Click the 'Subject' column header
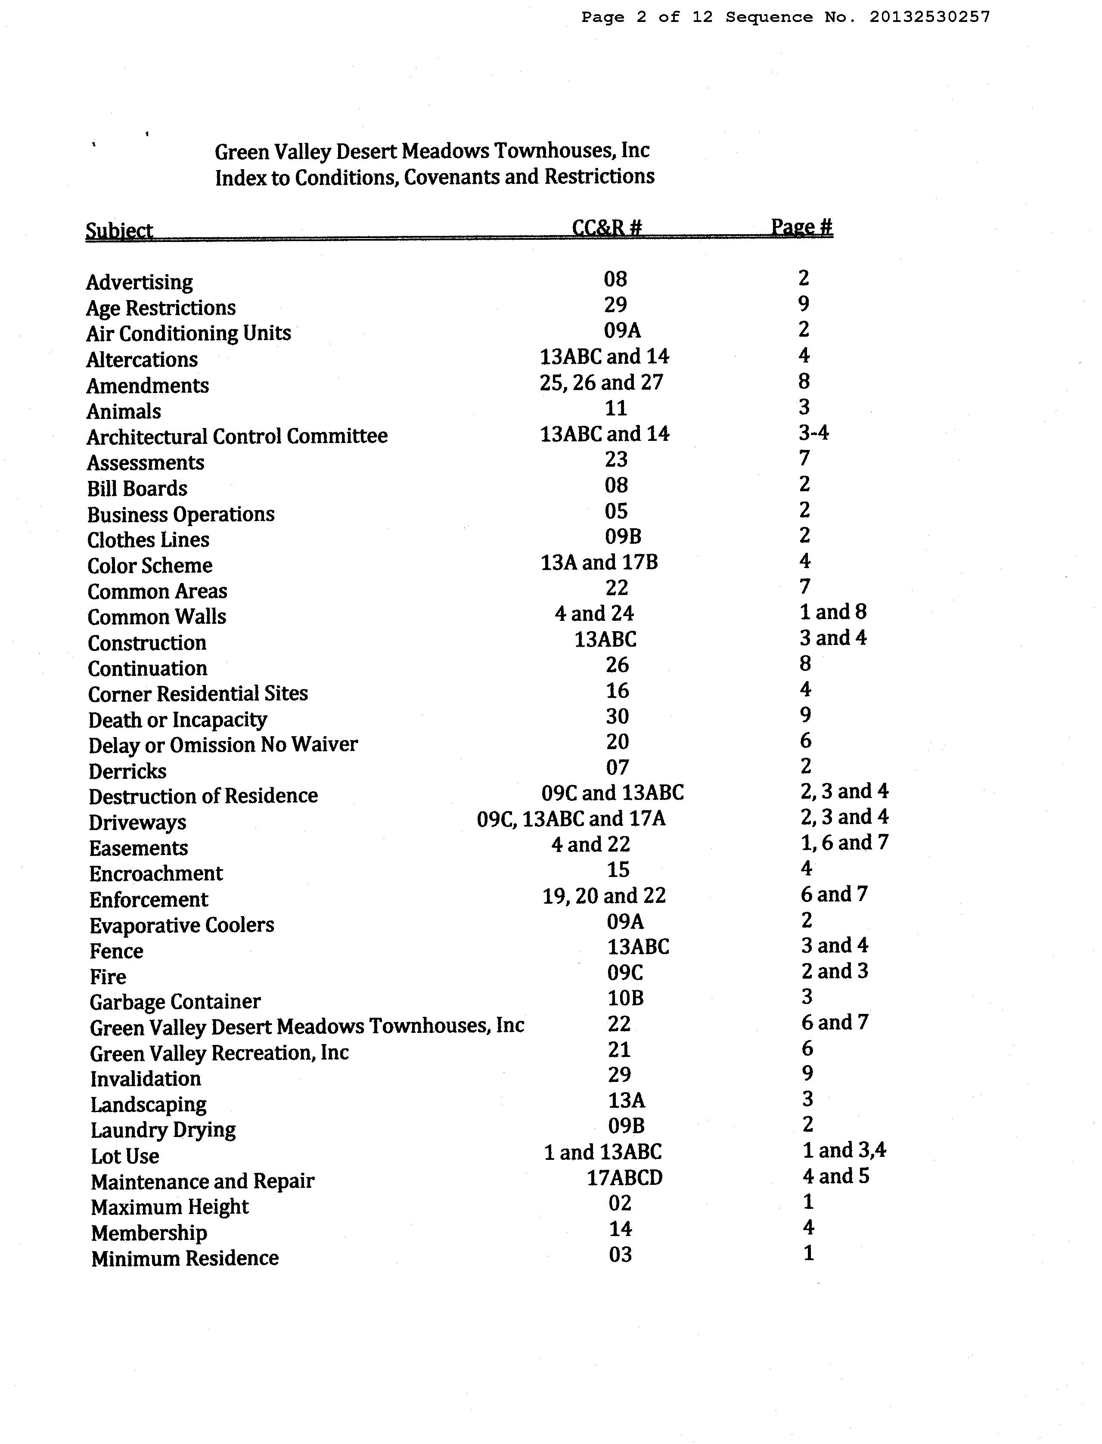pos(119,230)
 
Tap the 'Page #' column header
pos(801,227)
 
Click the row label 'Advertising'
pos(139,282)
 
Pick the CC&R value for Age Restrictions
pos(615,304)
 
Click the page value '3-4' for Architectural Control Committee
pos(813,433)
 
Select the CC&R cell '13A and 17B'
pos(599,562)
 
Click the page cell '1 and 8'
pos(832,612)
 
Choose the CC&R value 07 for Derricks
pos(617,767)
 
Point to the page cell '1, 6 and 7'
pos(844,843)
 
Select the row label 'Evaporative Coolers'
pos(182,925)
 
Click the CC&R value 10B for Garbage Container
pos(625,998)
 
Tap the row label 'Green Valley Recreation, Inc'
pos(219,1053)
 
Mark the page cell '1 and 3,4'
pos(844,1150)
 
